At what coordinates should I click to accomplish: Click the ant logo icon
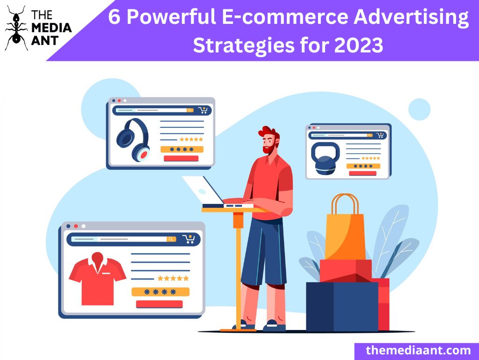click(16, 28)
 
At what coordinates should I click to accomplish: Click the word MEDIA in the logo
click(51, 28)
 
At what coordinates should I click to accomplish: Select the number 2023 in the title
click(359, 45)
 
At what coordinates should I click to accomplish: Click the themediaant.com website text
click(418, 350)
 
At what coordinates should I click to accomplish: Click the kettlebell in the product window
click(326, 158)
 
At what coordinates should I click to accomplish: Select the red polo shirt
click(97, 279)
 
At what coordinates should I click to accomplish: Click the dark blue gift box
click(342, 307)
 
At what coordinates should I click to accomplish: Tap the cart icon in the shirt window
click(189, 239)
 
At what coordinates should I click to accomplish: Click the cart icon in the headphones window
click(203, 110)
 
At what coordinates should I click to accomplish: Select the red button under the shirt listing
click(159, 304)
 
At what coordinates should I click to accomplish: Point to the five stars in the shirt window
click(173, 278)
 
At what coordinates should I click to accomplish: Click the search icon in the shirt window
click(171, 239)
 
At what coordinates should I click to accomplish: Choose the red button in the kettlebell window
click(363, 173)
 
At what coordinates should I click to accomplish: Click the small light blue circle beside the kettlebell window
click(420, 109)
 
